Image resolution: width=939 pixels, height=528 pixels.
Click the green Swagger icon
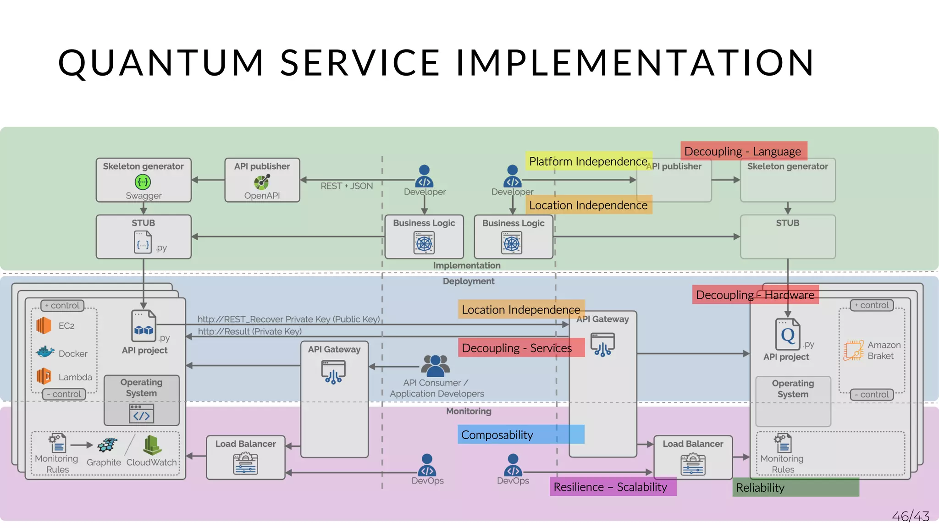click(x=143, y=182)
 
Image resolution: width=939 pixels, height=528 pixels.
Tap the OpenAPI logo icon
click(x=262, y=182)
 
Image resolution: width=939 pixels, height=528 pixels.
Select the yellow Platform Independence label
click(x=588, y=161)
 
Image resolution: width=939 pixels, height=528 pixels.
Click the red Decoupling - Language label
click(x=743, y=151)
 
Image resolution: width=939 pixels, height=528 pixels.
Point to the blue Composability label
click(x=520, y=434)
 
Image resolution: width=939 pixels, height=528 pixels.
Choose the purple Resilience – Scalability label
click(x=612, y=487)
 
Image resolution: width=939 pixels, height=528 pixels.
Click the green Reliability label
click(x=795, y=488)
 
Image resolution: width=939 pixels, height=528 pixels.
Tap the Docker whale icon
click(x=45, y=352)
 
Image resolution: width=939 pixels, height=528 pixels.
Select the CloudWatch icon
click(x=152, y=445)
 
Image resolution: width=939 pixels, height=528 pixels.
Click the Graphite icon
click(x=108, y=445)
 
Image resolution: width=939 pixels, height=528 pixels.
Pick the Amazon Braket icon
click(x=853, y=350)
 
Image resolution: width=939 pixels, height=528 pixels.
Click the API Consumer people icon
click(x=435, y=365)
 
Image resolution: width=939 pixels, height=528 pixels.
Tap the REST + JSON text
click(x=347, y=186)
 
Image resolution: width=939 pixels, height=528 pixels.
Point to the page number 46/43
click(x=911, y=517)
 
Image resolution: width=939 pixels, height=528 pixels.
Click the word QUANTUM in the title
click(x=161, y=63)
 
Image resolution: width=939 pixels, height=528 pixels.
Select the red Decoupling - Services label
click(x=521, y=348)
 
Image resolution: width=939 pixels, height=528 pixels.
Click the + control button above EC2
click(x=63, y=306)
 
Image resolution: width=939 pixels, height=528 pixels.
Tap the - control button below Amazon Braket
click(x=872, y=395)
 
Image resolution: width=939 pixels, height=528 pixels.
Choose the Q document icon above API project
click(x=787, y=335)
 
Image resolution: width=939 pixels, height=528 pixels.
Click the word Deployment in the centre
click(x=469, y=281)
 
